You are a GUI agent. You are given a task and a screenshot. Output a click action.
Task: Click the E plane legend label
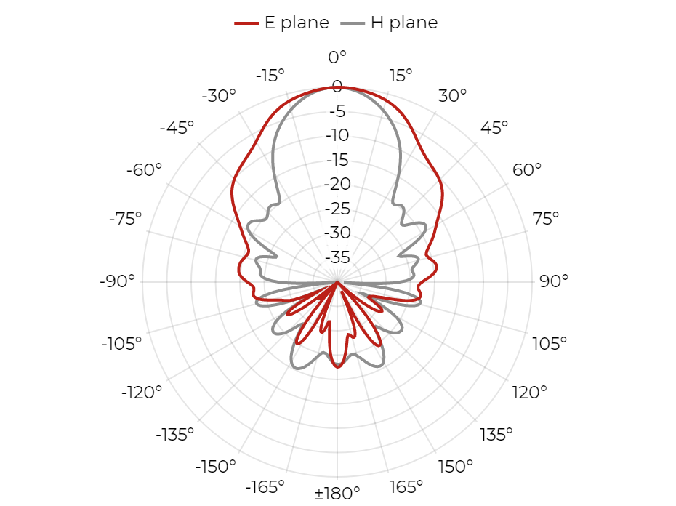pos(297,23)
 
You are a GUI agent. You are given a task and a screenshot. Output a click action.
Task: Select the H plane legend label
pos(404,23)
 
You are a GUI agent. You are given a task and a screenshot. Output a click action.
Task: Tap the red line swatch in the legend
pos(246,23)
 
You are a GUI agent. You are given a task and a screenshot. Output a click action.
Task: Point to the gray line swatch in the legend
pos(353,23)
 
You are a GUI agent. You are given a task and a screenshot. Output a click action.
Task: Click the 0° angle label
pos(337,57)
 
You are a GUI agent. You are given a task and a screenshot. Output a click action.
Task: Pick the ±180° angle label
pos(337,492)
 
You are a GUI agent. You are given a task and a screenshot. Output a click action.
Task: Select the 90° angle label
pos(554,281)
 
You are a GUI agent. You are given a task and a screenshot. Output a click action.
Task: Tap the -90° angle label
pos(117,281)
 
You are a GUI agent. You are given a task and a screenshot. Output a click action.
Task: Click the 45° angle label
pos(494,127)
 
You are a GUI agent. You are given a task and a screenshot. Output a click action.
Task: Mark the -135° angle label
pos(174,435)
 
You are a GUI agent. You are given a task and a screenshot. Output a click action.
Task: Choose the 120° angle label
pos(529,393)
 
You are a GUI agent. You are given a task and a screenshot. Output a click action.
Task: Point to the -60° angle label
pos(144,169)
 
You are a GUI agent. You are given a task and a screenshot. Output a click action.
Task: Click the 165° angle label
pos(406,487)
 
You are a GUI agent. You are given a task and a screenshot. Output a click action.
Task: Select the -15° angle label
pos(270,76)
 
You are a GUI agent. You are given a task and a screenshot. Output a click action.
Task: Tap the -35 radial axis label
pos(337,257)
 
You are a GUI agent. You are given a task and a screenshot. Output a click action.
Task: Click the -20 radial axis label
pos(337,184)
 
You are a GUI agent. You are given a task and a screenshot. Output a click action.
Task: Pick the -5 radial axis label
pos(337,111)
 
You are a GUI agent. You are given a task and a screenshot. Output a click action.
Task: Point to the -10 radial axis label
pos(337,135)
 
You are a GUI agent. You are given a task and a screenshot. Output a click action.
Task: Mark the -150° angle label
pos(216,466)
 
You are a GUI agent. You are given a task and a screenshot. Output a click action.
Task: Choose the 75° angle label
pos(545,219)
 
